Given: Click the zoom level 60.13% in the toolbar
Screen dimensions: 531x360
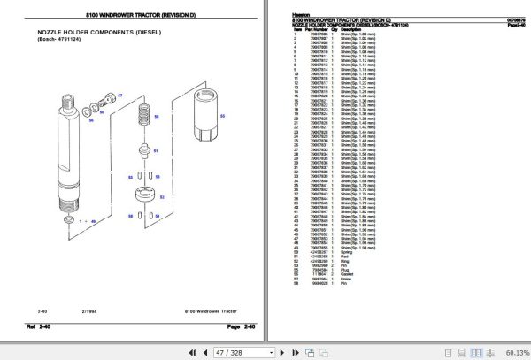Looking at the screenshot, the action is point(512,352).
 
